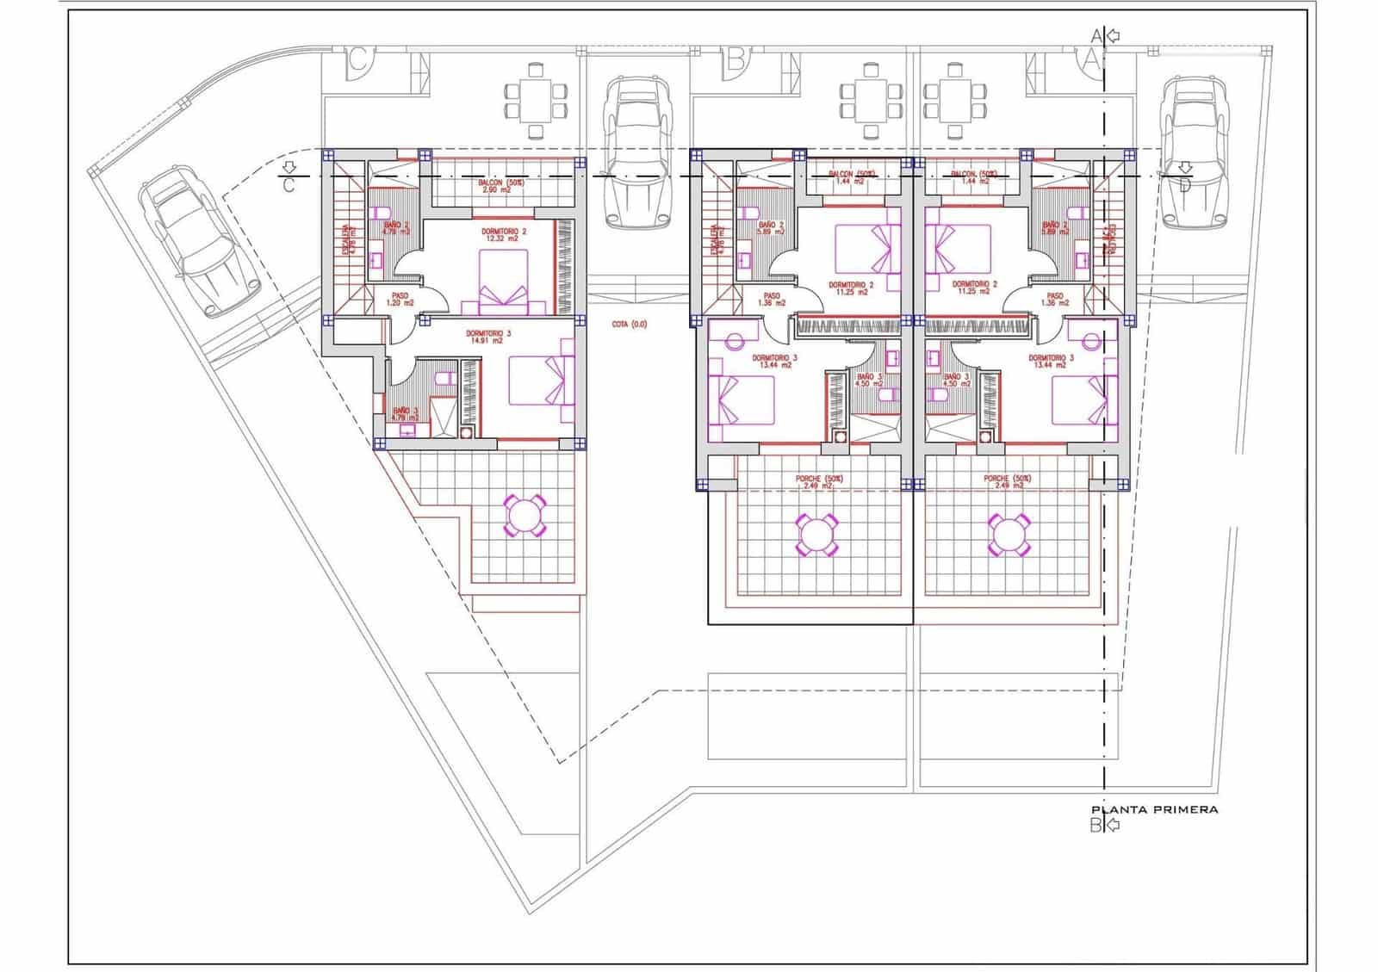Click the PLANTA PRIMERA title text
click(x=1154, y=809)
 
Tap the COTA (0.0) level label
click(x=629, y=325)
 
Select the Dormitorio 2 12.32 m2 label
click(x=504, y=235)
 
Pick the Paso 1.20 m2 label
click(x=399, y=299)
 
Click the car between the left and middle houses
click(x=637, y=153)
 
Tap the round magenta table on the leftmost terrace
click(x=524, y=515)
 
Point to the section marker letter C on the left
click(x=289, y=184)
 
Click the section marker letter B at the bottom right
click(x=1096, y=826)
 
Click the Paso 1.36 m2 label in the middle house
click(x=771, y=299)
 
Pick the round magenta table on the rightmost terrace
click(x=1007, y=535)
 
